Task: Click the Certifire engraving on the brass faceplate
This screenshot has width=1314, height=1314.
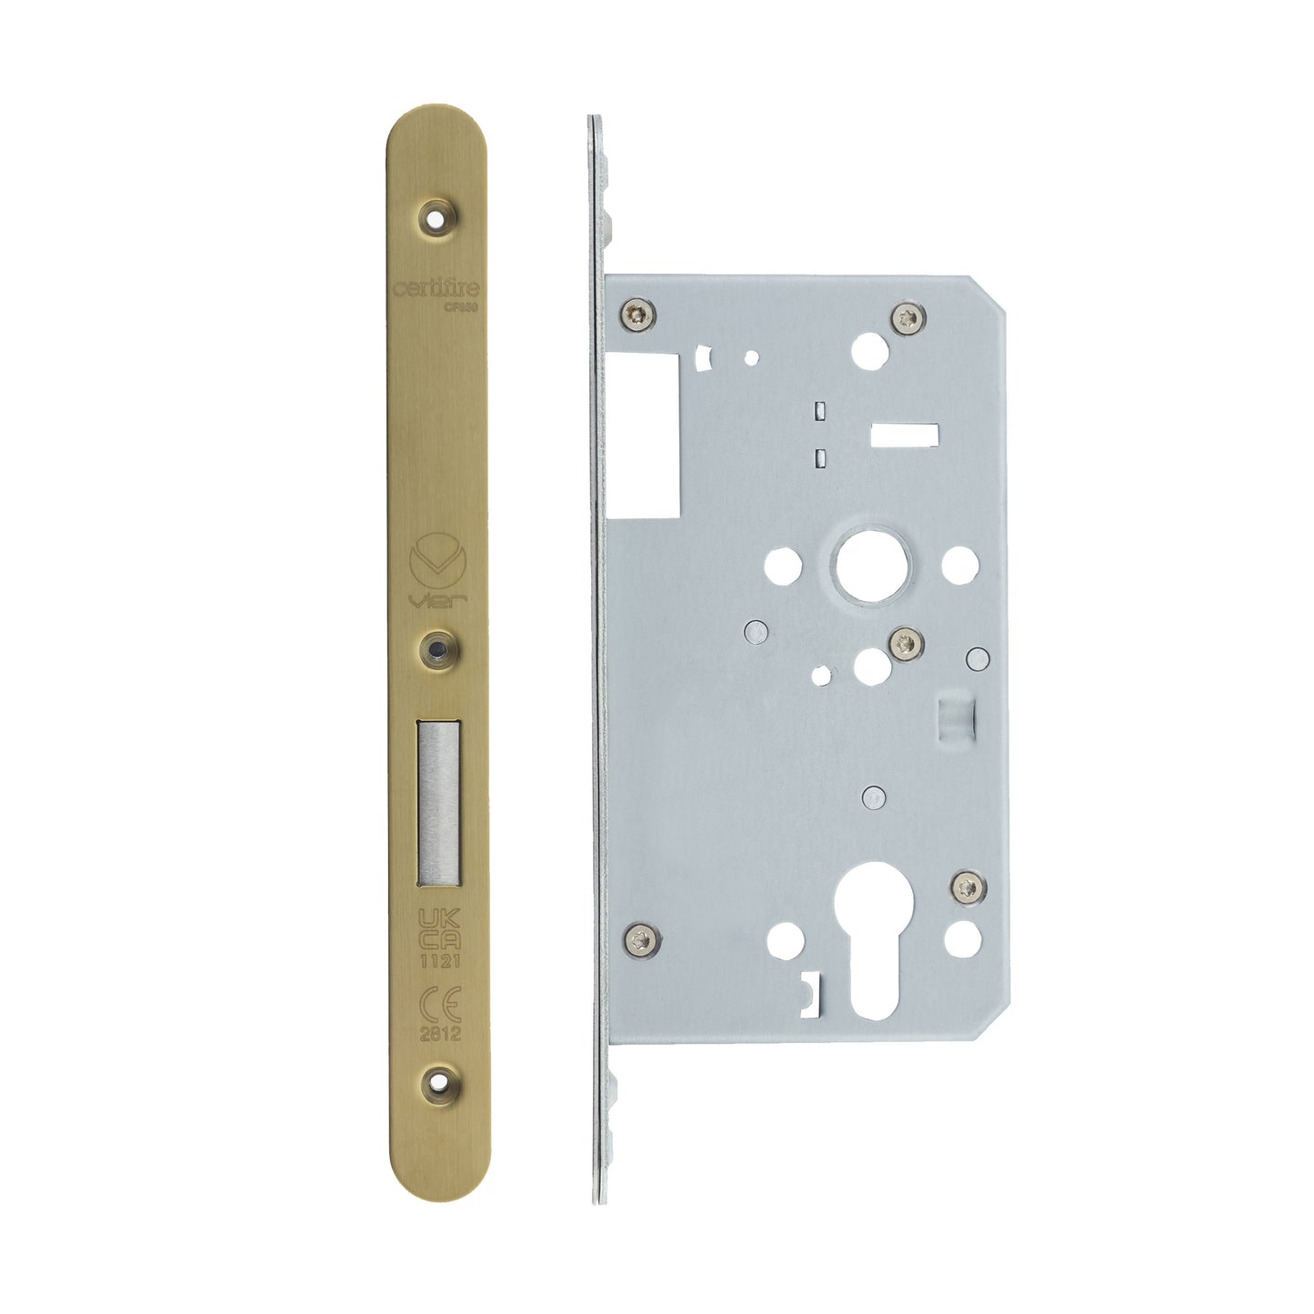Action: [436, 288]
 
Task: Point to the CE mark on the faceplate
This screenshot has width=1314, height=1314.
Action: [439, 1004]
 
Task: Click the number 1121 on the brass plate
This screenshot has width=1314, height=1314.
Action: [438, 960]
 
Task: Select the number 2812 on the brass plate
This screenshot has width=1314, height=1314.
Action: [439, 1034]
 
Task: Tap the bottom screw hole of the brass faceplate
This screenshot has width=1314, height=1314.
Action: [438, 1084]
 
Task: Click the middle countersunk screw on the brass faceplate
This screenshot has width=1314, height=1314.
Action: [437, 648]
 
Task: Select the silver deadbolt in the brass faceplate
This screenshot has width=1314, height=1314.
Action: [438, 803]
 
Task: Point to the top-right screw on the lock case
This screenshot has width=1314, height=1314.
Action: [909, 316]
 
